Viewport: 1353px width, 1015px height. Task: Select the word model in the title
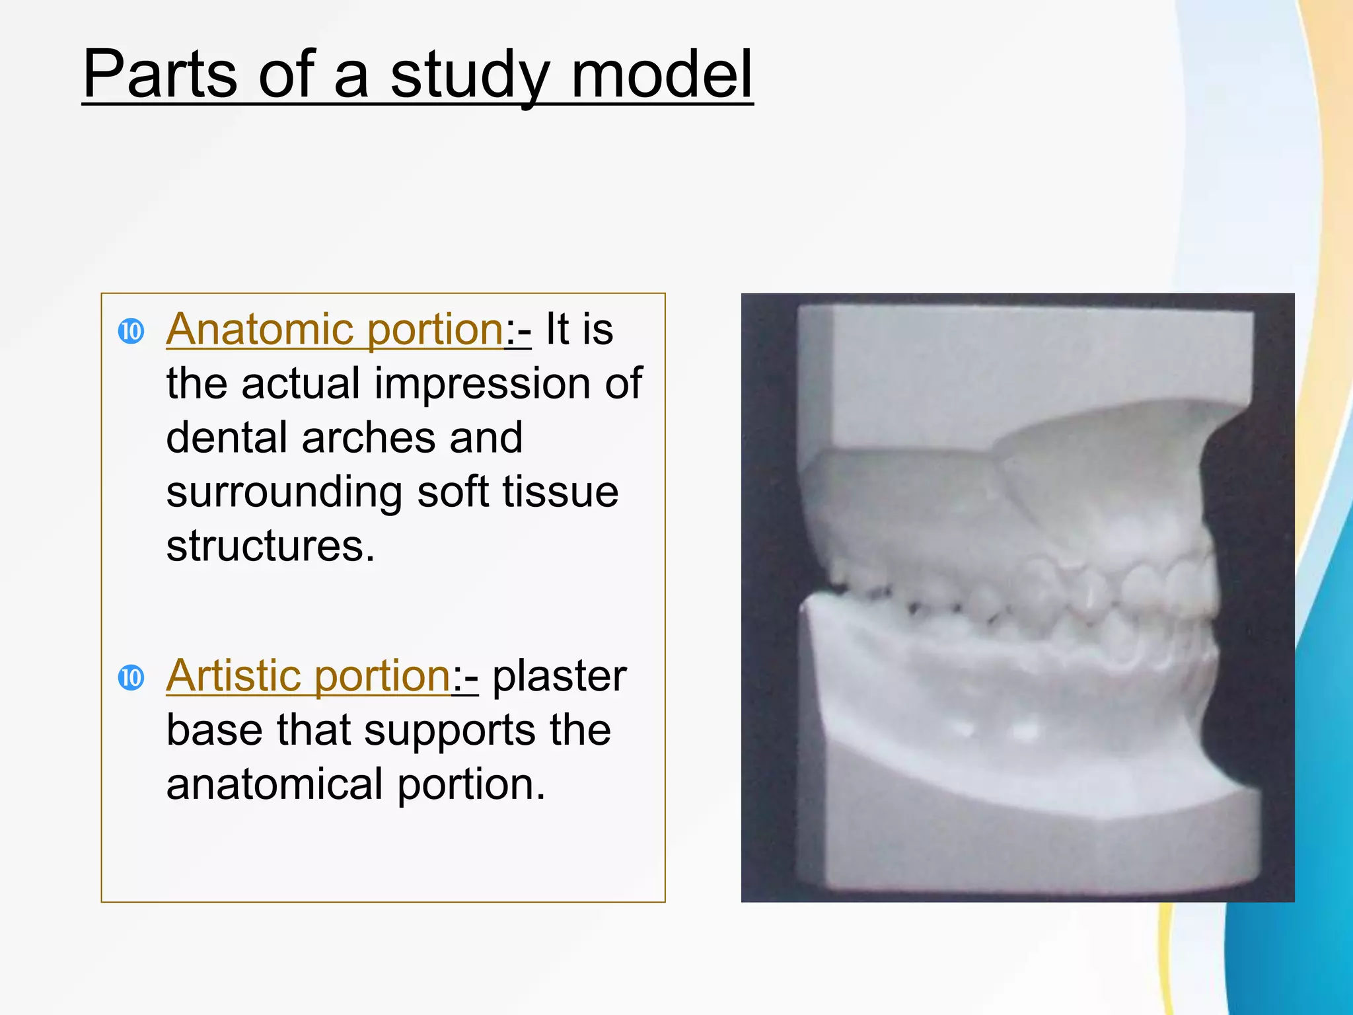pyautogui.click(x=661, y=74)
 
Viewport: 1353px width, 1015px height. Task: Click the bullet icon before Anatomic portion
pyautogui.click(x=131, y=331)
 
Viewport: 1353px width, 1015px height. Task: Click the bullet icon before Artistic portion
pyautogui.click(x=131, y=677)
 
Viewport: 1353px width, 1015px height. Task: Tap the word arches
pyautogui.click(x=368, y=437)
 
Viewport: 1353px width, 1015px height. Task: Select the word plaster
pyautogui.click(x=560, y=677)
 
